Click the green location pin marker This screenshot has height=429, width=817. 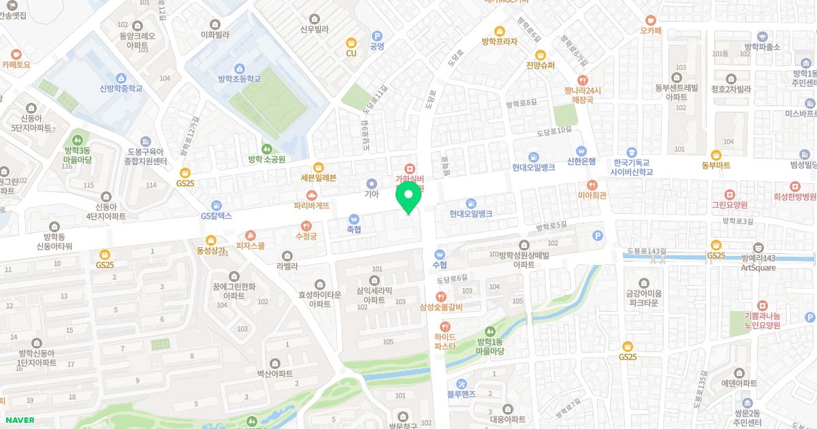pyautogui.click(x=408, y=197)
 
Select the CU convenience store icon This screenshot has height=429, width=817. pyautogui.click(x=351, y=42)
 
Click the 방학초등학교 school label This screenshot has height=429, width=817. pyautogui.click(x=239, y=79)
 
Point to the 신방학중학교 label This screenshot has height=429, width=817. pyautogui.click(x=121, y=88)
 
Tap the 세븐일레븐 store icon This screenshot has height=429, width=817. pyautogui.click(x=318, y=167)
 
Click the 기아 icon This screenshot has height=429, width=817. pyautogui.click(x=371, y=183)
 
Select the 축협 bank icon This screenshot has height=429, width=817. pyautogui.click(x=353, y=219)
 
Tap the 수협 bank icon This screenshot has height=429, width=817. pyautogui.click(x=439, y=255)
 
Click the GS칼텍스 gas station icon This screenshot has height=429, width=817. pyautogui.click(x=217, y=205)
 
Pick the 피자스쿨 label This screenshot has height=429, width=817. pyautogui.click(x=251, y=245)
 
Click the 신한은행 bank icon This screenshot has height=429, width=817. pyautogui.click(x=581, y=150)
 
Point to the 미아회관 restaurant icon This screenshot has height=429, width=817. pyautogui.click(x=592, y=185)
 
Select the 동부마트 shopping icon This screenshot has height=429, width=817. pyautogui.click(x=716, y=155)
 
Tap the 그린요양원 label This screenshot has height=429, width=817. pyautogui.click(x=729, y=204)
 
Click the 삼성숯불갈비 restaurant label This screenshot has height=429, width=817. pyautogui.click(x=441, y=307)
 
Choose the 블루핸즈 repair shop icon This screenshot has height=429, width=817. pyautogui.click(x=461, y=383)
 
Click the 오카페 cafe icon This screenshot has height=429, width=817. pyautogui.click(x=651, y=20)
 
